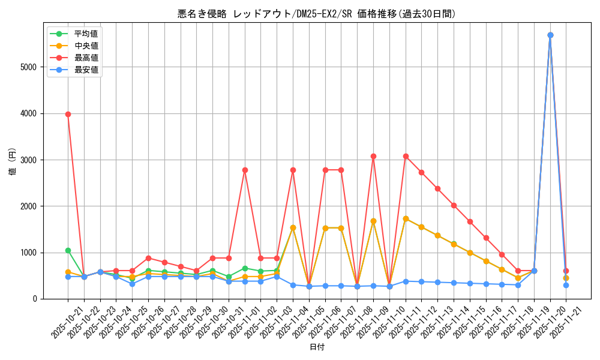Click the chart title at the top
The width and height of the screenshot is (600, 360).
(317, 14)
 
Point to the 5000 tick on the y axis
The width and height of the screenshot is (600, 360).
(28, 67)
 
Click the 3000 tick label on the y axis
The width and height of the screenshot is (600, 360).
(28, 160)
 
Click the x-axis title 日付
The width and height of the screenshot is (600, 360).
(317, 347)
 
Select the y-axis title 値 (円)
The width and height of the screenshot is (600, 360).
(13, 162)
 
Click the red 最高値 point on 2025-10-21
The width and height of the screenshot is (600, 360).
(68, 114)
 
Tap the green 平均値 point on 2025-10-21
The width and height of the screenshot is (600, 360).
(68, 250)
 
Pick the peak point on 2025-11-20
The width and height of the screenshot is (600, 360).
(550, 35)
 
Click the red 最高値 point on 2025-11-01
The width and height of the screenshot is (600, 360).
(245, 170)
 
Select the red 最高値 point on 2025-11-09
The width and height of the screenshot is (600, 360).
(373, 156)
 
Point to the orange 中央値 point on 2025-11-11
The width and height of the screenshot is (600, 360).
(406, 218)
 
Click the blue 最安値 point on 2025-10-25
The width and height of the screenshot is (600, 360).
(132, 284)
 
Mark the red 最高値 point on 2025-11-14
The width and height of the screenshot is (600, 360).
(454, 205)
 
